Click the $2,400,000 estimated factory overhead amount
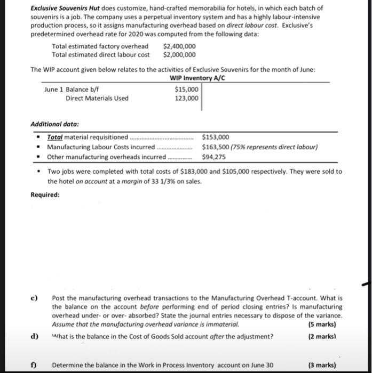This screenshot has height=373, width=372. [179, 47]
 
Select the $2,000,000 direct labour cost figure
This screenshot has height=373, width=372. [179, 55]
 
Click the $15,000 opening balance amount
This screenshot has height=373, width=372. [186, 90]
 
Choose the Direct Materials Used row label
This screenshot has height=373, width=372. [97, 98]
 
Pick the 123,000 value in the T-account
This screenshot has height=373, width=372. [187, 98]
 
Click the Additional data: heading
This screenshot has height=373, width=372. [54, 124]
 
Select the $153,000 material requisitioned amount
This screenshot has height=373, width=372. [216, 137]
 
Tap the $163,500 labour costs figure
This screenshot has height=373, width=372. [216, 147]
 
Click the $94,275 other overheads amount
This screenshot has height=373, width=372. [213, 157]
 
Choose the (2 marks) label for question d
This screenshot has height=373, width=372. [322, 336]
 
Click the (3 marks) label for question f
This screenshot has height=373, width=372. [322, 365]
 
